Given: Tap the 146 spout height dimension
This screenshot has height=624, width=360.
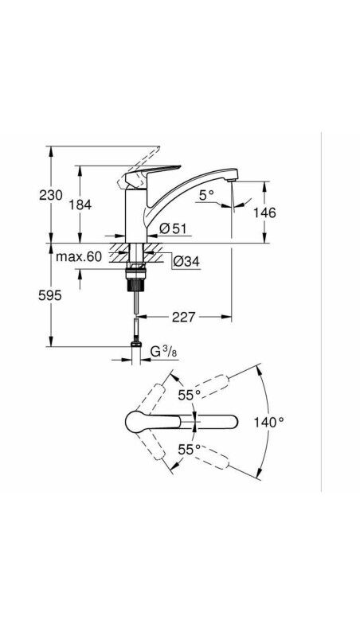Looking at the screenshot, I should pos(264,213).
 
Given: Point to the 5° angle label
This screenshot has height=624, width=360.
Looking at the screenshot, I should pos(206,194).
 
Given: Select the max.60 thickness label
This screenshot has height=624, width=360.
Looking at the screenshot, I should pos(79,256).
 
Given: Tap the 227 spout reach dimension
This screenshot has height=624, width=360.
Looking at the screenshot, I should pos(184,317).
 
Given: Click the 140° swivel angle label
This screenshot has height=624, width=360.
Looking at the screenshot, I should pos(269,422).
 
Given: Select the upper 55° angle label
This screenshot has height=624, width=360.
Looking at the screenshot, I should pos(189,395).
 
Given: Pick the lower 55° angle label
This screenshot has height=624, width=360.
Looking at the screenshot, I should pos(189,449).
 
